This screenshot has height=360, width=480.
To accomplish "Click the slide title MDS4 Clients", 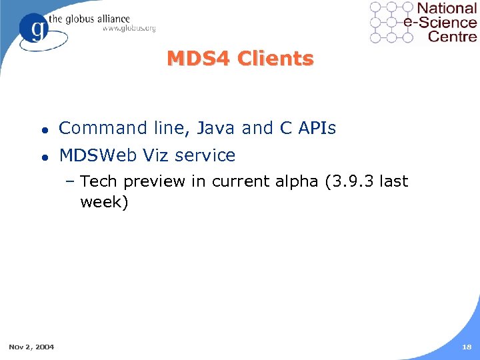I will (x=240, y=59).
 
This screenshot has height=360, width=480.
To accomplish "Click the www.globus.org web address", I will (x=129, y=28).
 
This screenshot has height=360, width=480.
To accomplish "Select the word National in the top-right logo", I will (x=447, y=9).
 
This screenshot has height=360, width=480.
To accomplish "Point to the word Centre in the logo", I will (x=453, y=36).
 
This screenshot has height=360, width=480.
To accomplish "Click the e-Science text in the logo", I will (x=441, y=22).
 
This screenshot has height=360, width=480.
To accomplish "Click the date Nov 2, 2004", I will (x=32, y=346).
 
